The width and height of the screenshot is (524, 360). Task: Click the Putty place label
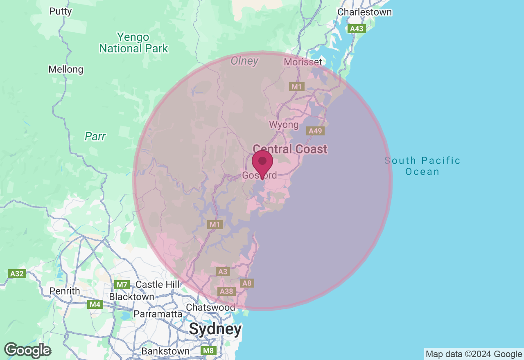click(61, 11)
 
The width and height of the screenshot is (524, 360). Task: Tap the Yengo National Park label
click(133, 43)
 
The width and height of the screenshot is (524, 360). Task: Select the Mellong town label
click(65, 70)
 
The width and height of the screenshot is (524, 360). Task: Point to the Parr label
click(95, 136)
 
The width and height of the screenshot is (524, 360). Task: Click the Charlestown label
click(364, 12)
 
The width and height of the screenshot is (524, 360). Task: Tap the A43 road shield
click(356, 29)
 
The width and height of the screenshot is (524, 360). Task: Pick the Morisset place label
click(303, 62)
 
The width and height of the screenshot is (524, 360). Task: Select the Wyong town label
click(284, 124)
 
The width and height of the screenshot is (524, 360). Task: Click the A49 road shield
click(316, 131)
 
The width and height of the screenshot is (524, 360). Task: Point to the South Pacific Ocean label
click(422, 166)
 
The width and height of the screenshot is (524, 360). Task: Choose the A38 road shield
click(226, 291)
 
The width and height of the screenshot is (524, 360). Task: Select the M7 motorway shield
click(122, 285)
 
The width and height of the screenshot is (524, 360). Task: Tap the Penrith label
click(65, 291)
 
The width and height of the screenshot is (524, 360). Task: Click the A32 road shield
click(17, 274)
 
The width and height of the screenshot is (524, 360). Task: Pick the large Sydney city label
click(215, 329)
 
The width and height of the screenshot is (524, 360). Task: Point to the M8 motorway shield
click(208, 351)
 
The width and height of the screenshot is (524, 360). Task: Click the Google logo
click(27, 350)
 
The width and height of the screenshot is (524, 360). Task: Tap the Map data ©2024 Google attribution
click(474, 354)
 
